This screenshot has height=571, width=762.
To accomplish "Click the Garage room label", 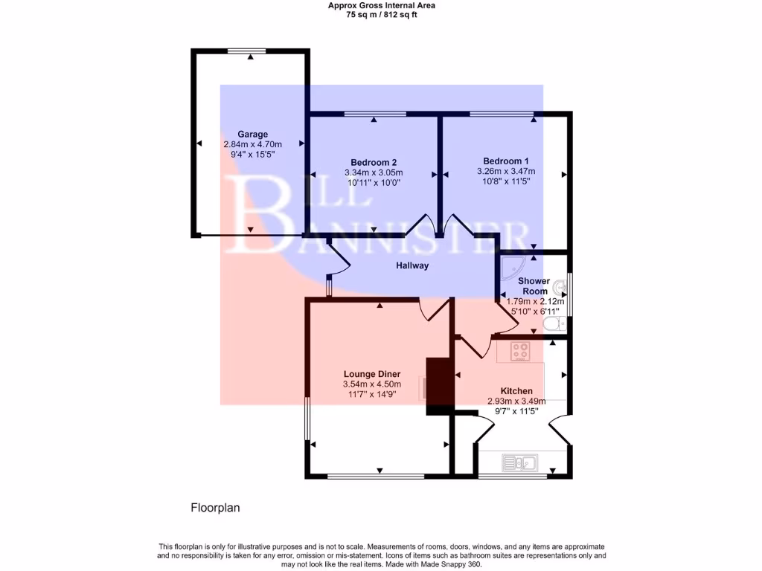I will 252,135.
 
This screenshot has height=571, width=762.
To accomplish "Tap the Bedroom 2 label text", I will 373,162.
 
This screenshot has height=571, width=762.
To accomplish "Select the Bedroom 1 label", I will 506,161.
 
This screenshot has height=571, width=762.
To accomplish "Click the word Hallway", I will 412,265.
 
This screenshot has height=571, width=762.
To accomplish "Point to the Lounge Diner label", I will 372,374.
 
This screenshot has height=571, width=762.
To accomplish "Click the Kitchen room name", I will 516,391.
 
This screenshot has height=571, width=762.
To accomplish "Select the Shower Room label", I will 534,286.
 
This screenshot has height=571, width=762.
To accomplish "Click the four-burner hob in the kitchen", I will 519,352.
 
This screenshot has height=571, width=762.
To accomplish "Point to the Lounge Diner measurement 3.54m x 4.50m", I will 372,384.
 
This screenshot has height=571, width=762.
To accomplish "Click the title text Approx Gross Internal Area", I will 381,5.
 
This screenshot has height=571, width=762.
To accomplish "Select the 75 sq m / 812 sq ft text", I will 381,15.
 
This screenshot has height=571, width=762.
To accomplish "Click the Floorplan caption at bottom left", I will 215,509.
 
